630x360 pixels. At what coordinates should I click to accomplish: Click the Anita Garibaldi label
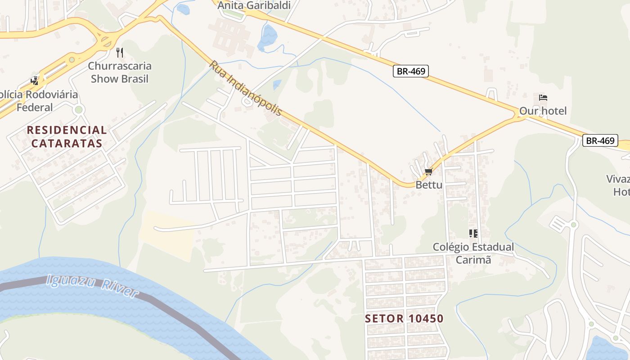tap(254, 5)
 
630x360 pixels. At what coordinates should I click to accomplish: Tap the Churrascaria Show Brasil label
tap(120, 72)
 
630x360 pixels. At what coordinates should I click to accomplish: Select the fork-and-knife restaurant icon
tap(119, 53)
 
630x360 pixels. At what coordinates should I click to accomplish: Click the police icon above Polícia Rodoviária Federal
tap(35, 81)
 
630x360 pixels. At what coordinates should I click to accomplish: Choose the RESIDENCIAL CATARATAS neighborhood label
tap(67, 137)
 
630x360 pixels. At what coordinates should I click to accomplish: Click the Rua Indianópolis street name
tap(245, 88)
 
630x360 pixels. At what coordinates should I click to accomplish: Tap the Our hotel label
tap(543, 111)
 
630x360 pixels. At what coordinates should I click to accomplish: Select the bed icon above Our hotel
tap(543, 98)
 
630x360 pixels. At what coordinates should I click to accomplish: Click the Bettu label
tap(428, 184)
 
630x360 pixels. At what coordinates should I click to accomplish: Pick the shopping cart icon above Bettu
tap(428, 171)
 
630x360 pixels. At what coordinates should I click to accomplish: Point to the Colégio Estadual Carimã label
tap(473, 253)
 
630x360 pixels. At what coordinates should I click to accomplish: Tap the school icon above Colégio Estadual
tap(473, 233)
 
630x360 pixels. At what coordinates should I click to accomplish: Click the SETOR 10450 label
tap(404, 319)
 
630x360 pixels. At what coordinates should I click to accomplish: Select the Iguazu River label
tap(92, 287)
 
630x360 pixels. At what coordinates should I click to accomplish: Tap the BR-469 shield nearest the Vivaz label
tap(600, 140)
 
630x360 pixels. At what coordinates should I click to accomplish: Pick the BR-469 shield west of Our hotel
tap(410, 71)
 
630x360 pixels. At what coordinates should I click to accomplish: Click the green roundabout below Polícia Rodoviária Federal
tap(79, 109)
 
